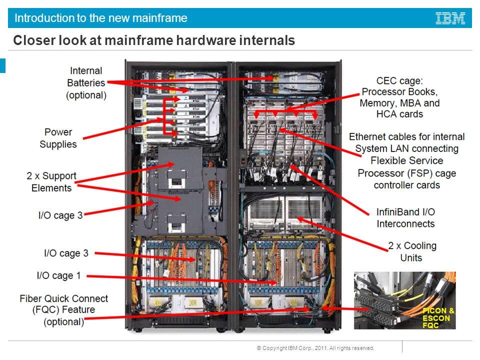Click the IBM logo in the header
pyautogui.click(x=450, y=18)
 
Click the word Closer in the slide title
pyautogui.click(x=31, y=40)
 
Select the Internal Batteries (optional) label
pyautogui.click(x=86, y=83)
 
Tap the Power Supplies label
pyautogui.click(x=58, y=138)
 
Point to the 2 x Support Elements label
pyautogui.click(x=51, y=182)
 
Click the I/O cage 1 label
pyautogui.click(x=58, y=275)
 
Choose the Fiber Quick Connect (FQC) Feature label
pyautogui.click(x=63, y=310)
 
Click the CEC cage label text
pyautogui.click(x=399, y=80)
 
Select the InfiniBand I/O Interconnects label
pyautogui.click(x=405, y=217)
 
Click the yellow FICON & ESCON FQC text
pyautogui.click(x=437, y=318)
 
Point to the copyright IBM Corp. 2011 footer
pyautogui.click(x=315, y=348)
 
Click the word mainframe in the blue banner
pyautogui.click(x=161, y=18)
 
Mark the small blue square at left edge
pyautogui.click(x=2, y=65)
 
